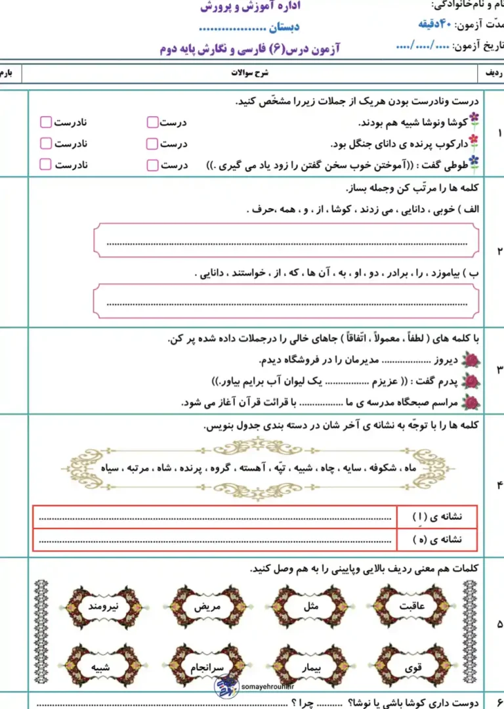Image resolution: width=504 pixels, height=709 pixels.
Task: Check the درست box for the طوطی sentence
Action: point(152,164)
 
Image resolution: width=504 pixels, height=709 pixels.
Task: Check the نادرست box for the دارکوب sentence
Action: point(45,143)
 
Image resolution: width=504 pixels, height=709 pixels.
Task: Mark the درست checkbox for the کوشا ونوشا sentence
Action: point(152,122)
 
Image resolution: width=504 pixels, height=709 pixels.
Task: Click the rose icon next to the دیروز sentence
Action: point(471,359)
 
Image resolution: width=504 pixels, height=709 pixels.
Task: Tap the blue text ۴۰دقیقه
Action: point(434,25)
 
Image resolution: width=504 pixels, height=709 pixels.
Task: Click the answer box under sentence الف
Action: point(287,240)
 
